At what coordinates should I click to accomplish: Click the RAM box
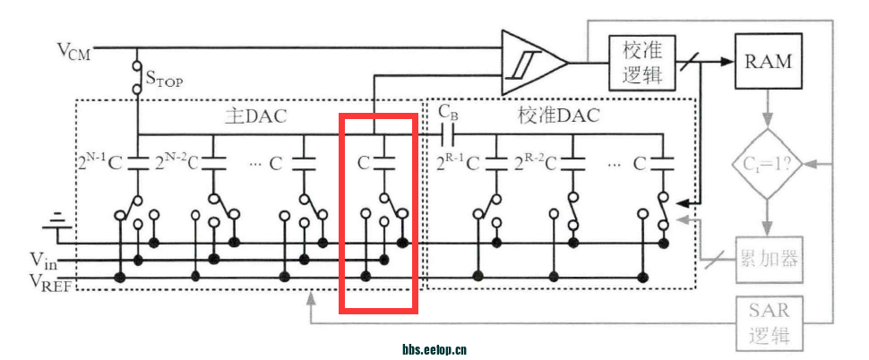768,61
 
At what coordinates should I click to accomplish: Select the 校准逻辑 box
641,62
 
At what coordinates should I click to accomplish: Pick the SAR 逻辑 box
769,323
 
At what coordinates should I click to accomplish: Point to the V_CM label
74,49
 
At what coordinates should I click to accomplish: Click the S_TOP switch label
163,81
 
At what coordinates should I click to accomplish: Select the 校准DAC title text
558,116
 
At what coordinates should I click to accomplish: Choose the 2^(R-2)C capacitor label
534,163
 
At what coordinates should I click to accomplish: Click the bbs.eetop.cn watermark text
434,350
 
